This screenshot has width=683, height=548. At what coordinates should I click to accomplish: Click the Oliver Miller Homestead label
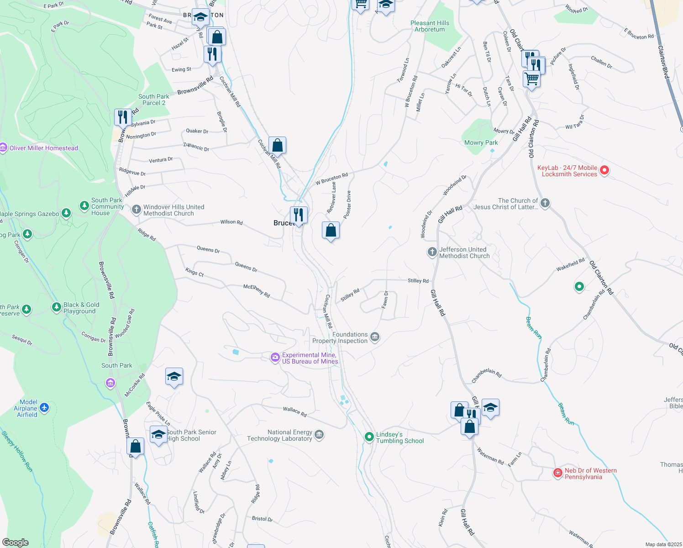click(x=43, y=148)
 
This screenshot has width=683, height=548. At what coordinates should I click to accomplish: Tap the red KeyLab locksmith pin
click(x=604, y=170)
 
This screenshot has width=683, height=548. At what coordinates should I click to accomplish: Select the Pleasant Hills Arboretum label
click(x=430, y=26)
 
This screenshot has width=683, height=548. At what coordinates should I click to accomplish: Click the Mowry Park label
click(x=481, y=142)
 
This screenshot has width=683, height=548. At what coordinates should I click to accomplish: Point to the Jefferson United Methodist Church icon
click(x=432, y=252)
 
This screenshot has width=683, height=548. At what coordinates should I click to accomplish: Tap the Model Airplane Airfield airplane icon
click(x=44, y=407)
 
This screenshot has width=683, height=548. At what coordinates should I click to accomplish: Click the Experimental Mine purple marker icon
click(x=275, y=358)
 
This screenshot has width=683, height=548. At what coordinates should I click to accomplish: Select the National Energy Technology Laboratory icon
click(x=320, y=435)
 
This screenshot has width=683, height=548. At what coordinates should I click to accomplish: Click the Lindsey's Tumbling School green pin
click(x=369, y=437)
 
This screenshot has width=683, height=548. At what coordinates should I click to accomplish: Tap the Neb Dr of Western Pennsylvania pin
click(x=557, y=473)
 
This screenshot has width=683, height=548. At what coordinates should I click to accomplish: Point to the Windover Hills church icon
click(x=136, y=210)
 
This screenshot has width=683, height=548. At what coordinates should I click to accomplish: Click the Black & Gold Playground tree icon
click(x=57, y=307)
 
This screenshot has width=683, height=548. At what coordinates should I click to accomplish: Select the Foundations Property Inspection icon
click(x=375, y=337)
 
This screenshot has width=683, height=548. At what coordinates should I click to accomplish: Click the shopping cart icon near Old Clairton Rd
click(x=531, y=79)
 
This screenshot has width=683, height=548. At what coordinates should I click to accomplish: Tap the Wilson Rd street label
click(x=231, y=222)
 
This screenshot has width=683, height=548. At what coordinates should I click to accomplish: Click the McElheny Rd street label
click(x=257, y=291)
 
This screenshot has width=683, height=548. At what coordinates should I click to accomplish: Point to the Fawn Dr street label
click(x=385, y=299)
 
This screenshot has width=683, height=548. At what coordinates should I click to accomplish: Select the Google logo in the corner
click(x=16, y=542)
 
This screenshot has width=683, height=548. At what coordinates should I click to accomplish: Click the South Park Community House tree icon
click(x=84, y=206)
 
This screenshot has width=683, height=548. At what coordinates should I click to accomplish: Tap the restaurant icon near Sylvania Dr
click(x=122, y=117)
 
